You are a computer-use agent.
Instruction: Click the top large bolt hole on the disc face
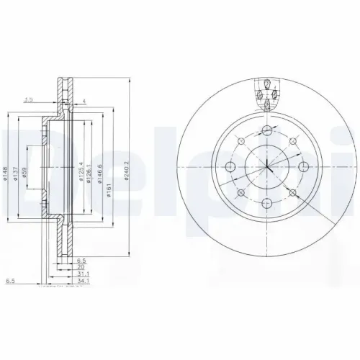tap(266, 130)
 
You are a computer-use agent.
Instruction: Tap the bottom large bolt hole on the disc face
tap(266, 204)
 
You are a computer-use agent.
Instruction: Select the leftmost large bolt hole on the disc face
tap(230, 167)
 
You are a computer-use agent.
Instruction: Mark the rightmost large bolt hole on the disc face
tap(303, 167)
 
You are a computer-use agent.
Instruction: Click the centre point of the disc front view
tap(266, 167)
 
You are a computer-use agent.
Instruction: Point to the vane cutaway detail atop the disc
tap(266, 91)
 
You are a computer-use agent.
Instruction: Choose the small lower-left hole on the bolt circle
tap(240, 193)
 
